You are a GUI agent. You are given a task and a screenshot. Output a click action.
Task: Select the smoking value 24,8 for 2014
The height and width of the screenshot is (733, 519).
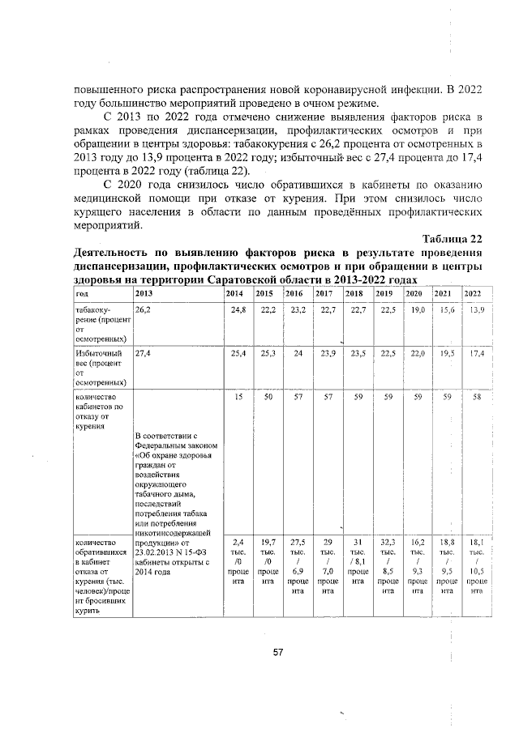238,310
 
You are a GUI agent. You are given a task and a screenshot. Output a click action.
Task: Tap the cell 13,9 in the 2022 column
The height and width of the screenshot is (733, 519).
475,310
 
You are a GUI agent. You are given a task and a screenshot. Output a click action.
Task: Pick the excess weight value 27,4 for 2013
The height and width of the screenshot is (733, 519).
144,353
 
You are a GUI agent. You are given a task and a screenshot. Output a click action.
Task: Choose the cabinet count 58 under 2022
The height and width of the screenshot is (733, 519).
477,397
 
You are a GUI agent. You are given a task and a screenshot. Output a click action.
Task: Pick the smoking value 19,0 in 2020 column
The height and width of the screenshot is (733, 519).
416,310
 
